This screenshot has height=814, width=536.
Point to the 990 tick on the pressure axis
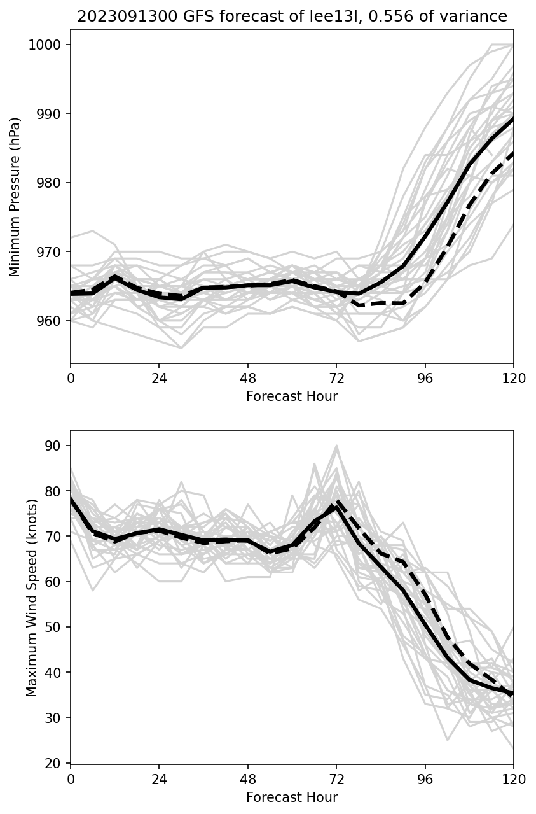click(x=52, y=114)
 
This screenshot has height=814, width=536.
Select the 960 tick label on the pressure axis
click(x=52, y=321)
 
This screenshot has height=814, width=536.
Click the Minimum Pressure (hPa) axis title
click(x=16, y=197)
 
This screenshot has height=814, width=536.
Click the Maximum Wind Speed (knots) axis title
click(x=32, y=597)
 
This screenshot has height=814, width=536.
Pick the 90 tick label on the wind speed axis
click(x=54, y=446)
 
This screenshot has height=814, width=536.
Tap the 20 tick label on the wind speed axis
click(x=54, y=763)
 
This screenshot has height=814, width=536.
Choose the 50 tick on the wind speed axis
click(x=54, y=627)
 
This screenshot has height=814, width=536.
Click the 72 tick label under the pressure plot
click(x=336, y=377)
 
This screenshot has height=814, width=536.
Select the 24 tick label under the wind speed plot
click(x=159, y=778)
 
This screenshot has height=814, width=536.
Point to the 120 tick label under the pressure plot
click(x=514, y=377)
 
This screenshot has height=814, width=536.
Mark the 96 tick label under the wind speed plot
click(x=425, y=778)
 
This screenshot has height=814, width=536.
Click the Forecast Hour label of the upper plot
click(x=292, y=396)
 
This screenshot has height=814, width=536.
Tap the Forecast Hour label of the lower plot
click(x=292, y=797)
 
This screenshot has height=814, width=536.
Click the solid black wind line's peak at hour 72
click(x=336, y=507)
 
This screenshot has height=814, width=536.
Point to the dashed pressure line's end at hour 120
click(x=512, y=153)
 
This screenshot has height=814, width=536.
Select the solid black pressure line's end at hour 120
click(x=512, y=120)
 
